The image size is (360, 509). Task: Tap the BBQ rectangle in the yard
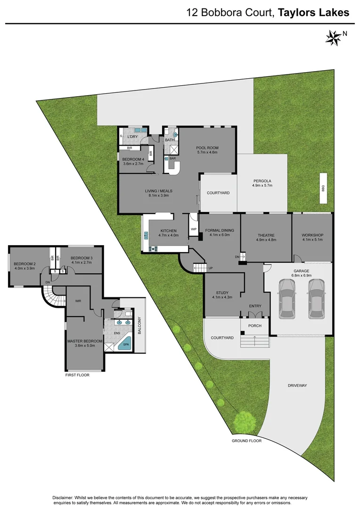click(323, 188)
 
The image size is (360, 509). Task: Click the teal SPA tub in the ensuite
click(125, 345)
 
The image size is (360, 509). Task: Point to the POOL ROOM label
click(207, 148)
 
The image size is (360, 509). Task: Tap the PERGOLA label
click(262, 181)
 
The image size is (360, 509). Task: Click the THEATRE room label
click(266, 235)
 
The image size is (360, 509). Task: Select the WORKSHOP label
click(312, 235)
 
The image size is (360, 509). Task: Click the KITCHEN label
click(168, 230)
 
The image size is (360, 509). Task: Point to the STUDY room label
click(222, 292)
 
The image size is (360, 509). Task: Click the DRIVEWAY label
click(297, 386)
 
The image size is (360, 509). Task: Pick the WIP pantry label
click(193, 229)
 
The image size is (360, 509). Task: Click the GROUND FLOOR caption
click(246, 441)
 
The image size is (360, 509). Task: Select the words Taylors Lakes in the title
click(314, 13)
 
